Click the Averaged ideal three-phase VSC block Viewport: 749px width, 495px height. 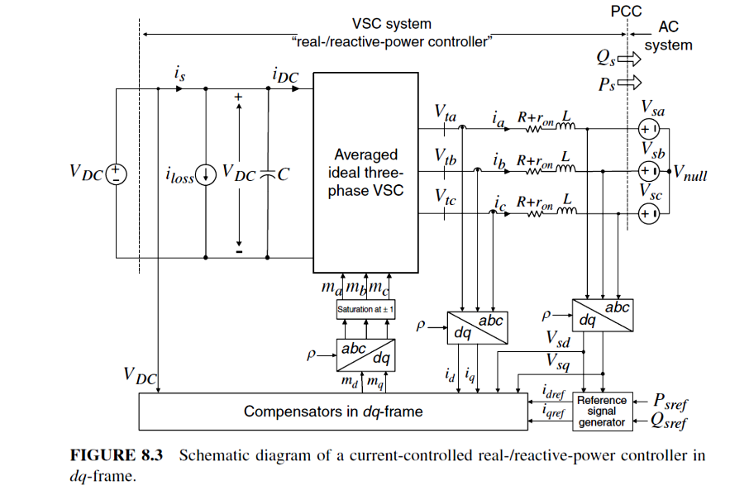click(365, 172)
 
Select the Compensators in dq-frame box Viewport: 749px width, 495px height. click(332, 411)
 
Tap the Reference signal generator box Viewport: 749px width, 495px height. click(602, 411)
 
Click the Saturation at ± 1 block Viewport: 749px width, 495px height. click(365, 310)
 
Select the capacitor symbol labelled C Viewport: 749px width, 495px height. click(266, 174)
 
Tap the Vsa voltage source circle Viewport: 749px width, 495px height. click(647, 129)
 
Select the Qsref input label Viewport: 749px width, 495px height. click(670, 422)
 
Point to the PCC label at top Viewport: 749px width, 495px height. click(626, 12)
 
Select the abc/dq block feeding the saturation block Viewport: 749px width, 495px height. click(365, 355)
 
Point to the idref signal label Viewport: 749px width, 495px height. click(553, 390)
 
